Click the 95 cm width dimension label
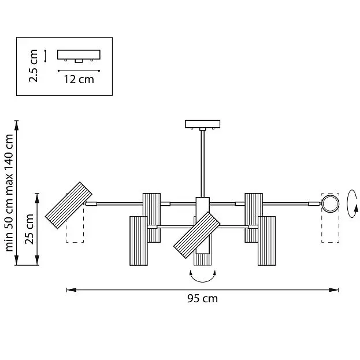click(x=202, y=299)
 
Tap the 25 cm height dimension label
click(x=29, y=229)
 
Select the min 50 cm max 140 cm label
click(x=9, y=193)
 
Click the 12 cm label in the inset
click(x=79, y=79)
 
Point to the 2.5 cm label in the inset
click(x=33, y=66)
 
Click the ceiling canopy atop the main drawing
click(x=202, y=124)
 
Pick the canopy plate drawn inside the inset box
click(x=79, y=56)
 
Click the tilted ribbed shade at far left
click(x=68, y=205)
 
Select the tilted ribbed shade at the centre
click(x=197, y=235)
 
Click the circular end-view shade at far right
click(x=330, y=204)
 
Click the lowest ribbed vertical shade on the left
click(x=139, y=240)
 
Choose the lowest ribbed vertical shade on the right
click(x=266, y=240)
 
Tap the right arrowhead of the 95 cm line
click(x=334, y=290)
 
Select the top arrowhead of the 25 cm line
click(x=37, y=198)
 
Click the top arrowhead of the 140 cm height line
click(x=16, y=125)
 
